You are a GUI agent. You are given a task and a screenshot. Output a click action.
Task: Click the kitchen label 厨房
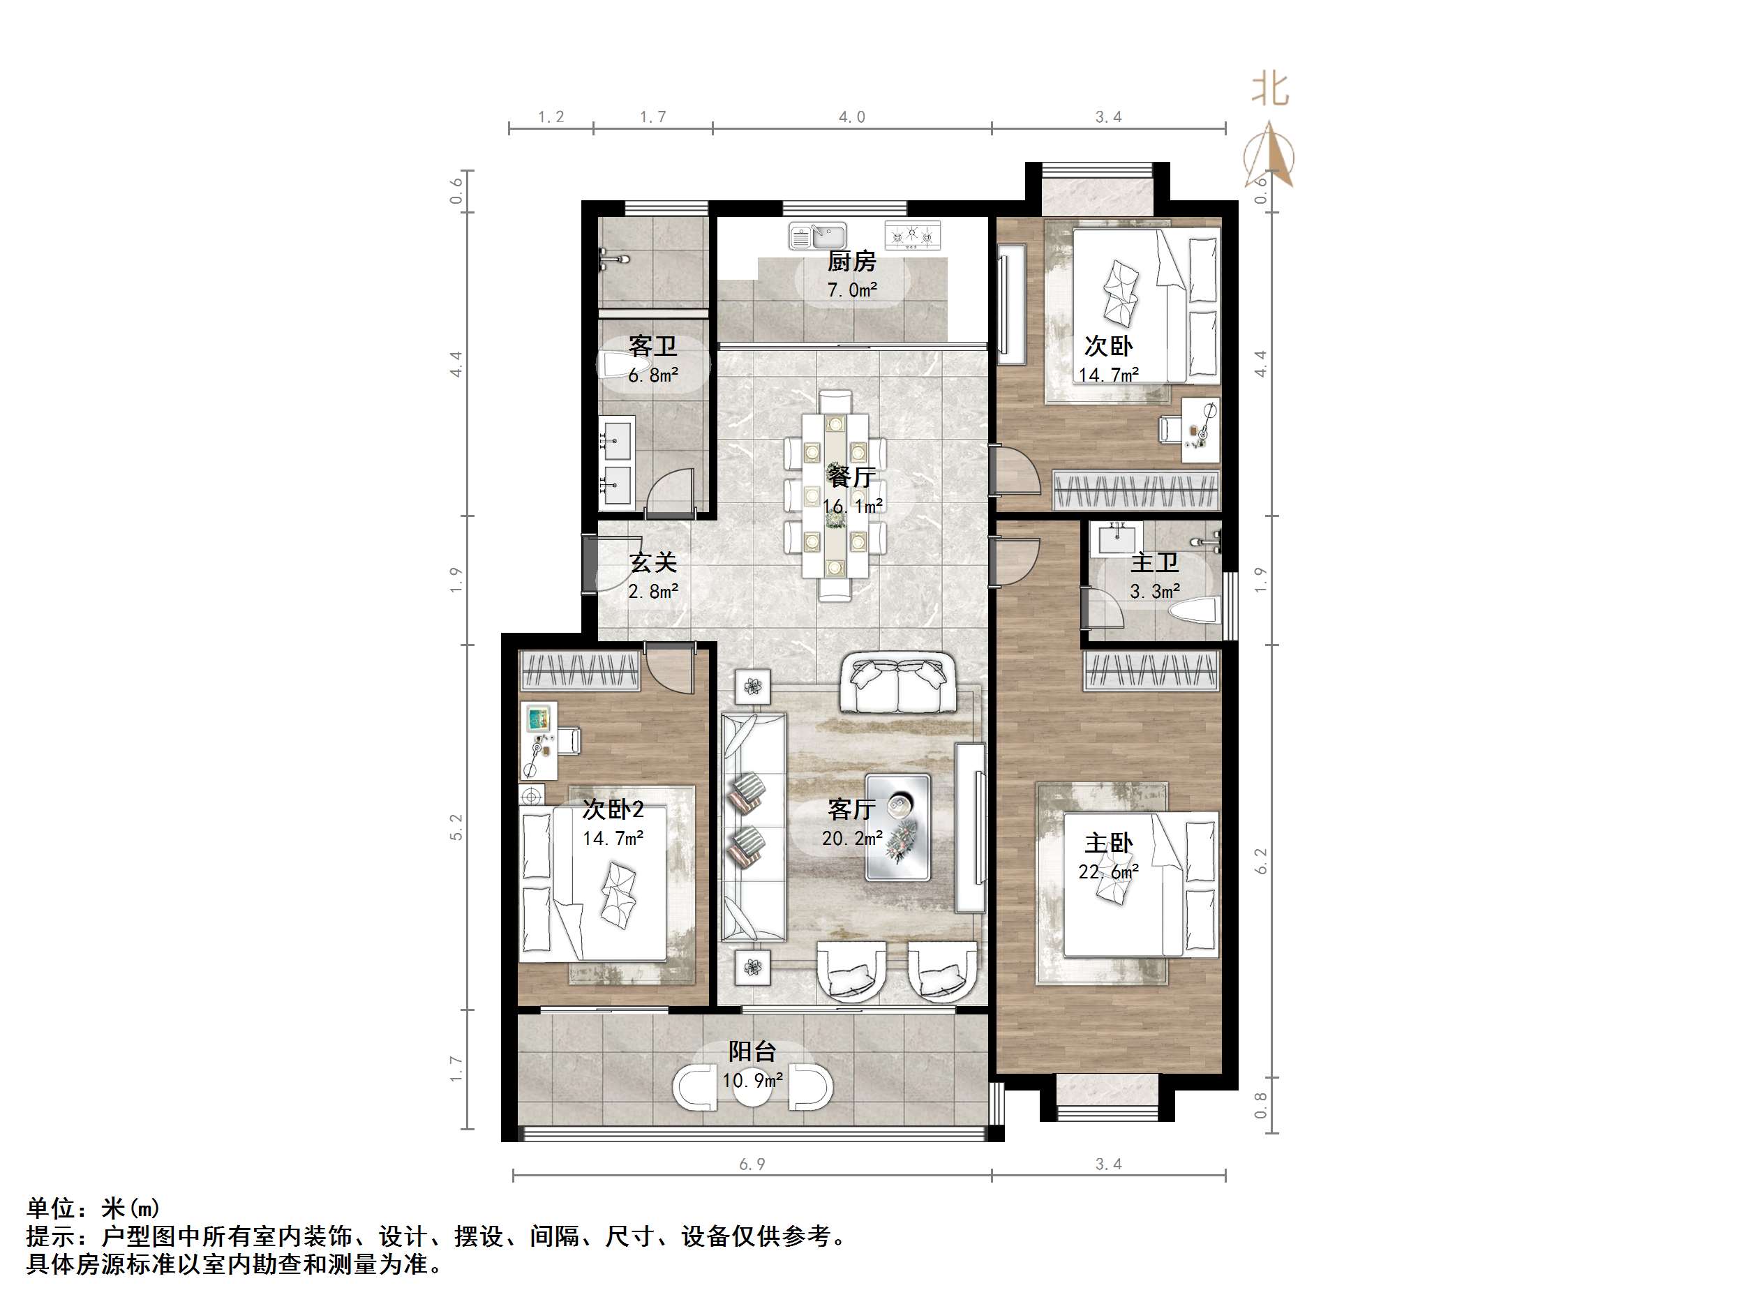851,261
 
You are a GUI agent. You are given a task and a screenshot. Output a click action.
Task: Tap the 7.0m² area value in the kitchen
851,290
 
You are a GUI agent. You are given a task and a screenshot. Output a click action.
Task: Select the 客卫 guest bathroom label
652,347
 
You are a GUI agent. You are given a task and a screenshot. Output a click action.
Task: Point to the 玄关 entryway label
652,563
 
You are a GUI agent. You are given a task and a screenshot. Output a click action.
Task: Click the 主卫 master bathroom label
1154,563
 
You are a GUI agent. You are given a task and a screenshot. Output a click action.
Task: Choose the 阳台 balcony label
752,1051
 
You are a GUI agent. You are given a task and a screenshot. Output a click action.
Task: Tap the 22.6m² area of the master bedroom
1108,871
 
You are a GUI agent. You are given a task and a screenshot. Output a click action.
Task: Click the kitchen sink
819,235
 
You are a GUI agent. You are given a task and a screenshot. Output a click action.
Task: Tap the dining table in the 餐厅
835,495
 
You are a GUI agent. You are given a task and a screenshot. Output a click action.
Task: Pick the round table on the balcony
752,1086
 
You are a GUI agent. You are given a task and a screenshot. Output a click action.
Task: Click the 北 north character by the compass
1269,89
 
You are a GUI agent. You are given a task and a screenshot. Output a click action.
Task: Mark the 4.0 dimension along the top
851,117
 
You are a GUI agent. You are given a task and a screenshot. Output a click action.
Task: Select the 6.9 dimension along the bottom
752,1164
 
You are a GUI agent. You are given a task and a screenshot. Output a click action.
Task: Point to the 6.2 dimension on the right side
1261,861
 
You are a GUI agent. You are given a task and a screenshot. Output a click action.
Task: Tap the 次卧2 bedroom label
613,809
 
